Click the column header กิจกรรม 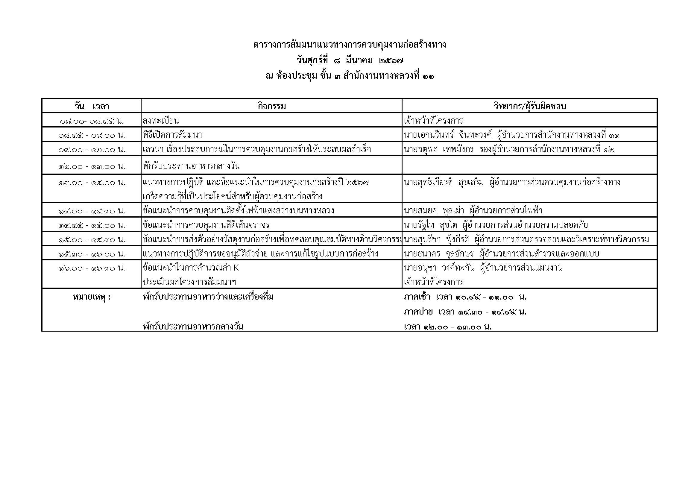271,106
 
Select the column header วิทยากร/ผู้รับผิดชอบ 530,106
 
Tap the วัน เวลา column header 92,106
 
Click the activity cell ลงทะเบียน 161,121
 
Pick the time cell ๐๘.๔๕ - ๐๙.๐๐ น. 92,135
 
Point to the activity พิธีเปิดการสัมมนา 172,135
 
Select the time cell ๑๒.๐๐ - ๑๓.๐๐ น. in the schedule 92,166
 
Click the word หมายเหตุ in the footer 92,297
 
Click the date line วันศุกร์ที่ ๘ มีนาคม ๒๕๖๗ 350,60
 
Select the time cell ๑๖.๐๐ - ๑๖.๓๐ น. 92,268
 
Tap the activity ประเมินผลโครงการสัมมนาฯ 189,282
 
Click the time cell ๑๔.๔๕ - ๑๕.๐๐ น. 92,225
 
